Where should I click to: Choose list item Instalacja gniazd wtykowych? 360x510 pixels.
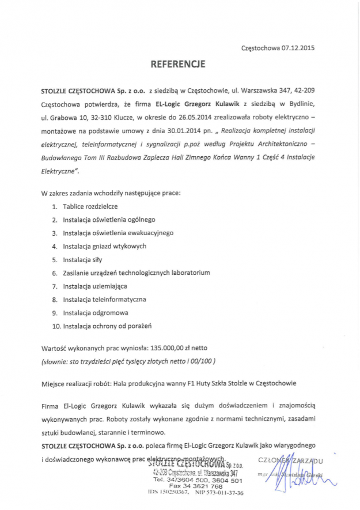[x=105, y=246]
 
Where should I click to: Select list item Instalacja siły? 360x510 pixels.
[x=82, y=259]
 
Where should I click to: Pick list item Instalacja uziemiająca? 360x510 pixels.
[x=95, y=286]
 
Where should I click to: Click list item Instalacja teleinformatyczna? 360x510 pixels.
[x=104, y=299]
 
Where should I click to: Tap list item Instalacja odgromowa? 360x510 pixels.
[x=96, y=312]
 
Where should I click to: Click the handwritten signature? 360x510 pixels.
[x=294, y=481]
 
